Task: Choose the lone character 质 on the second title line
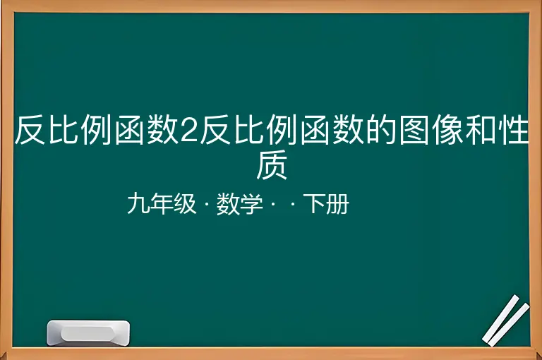[272, 164]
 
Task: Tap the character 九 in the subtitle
[138, 204]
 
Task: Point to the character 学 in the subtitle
[251, 204]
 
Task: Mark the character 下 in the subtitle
[315, 204]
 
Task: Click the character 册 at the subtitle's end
[337, 204]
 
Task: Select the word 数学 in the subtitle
[239, 204]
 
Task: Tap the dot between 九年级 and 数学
[207, 205]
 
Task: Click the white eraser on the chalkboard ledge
[88, 332]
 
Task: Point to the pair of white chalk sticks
[506, 320]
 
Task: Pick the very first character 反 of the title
[30, 130]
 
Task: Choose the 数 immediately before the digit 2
[163, 130]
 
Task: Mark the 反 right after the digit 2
[215, 130]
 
